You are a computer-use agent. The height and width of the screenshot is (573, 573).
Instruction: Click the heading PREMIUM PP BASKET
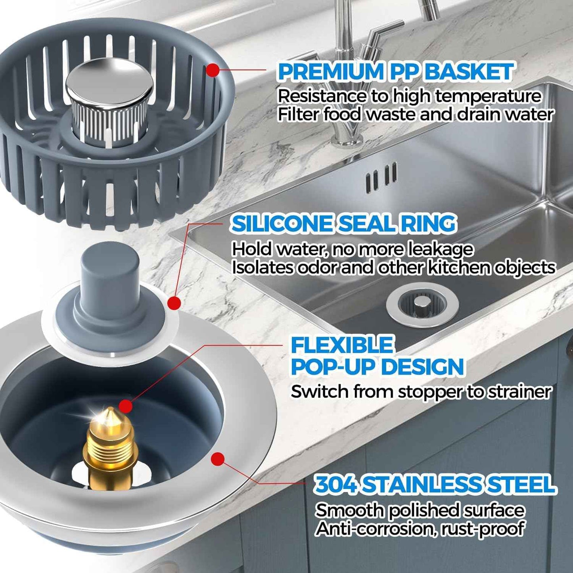[396, 72]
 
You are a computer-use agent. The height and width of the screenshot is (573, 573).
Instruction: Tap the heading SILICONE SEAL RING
[343, 224]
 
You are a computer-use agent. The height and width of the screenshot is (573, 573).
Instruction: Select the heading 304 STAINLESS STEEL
[435, 485]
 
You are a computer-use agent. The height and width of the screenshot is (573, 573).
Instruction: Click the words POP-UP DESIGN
[378, 367]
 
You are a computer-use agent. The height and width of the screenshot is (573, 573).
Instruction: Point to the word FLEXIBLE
[341, 345]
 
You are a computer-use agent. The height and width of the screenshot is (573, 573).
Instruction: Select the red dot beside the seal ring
[174, 303]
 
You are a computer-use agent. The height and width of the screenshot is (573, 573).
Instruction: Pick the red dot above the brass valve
[125, 406]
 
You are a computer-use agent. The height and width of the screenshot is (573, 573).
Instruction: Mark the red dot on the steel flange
[217, 459]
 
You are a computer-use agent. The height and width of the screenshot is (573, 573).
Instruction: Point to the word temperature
[488, 96]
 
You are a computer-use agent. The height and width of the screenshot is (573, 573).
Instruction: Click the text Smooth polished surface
[420, 510]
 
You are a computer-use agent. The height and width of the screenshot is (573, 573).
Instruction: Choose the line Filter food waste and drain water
[415, 115]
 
